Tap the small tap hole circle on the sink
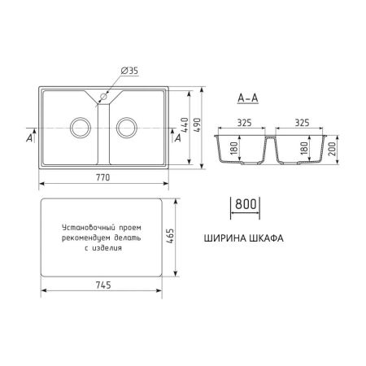(103, 99)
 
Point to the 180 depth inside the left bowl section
(235, 149)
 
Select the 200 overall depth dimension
(333, 148)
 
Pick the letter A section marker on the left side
(30, 138)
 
